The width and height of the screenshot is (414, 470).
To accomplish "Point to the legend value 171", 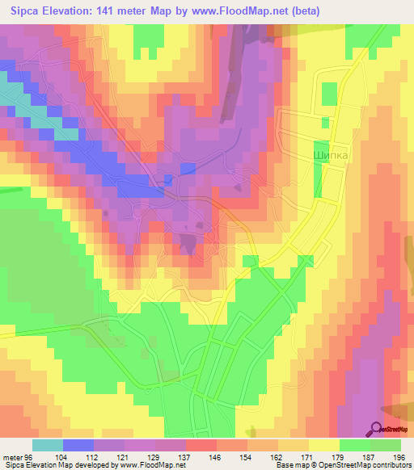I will click(x=310, y=456).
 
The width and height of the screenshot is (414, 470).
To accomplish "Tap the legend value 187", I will click(x=371, y=456).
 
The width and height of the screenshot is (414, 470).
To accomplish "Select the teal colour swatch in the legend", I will click(x=48, y=445).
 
